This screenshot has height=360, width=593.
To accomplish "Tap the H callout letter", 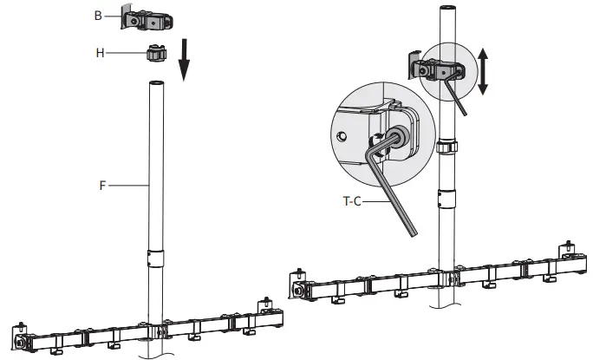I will coord(100,53).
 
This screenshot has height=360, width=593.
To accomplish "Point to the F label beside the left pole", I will coord(102,184).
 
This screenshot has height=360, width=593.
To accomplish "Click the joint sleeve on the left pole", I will coord(155,259).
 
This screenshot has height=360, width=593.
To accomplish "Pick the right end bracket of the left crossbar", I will coord(265,308).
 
